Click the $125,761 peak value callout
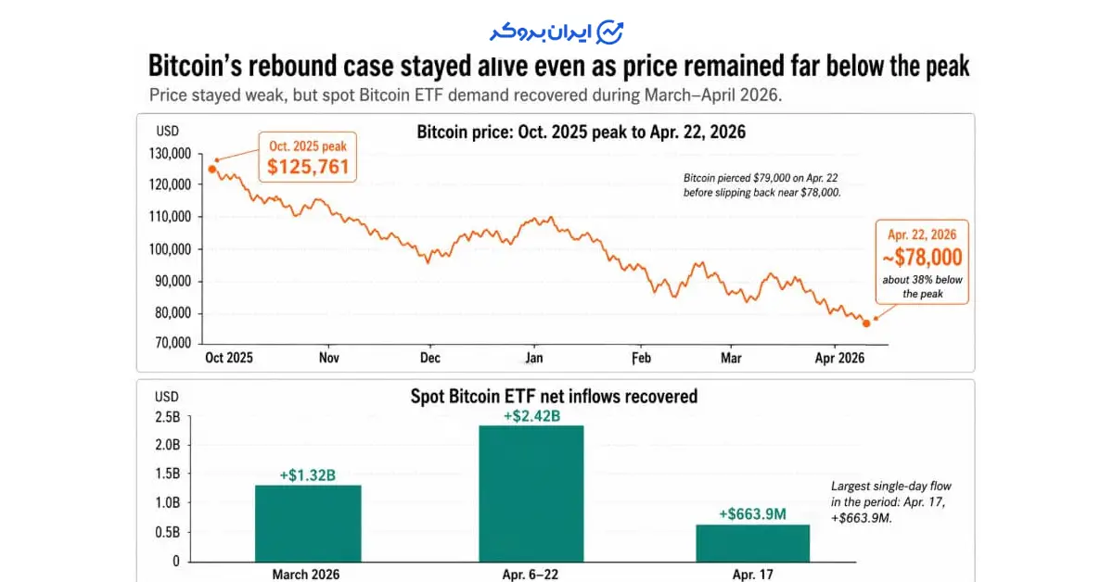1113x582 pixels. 308,167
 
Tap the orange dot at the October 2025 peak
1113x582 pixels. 212,169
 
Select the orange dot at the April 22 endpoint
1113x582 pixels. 866,323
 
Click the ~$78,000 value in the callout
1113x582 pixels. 923,257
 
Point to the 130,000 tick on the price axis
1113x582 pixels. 169,153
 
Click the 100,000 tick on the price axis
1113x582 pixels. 169,249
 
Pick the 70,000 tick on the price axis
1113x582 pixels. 172,344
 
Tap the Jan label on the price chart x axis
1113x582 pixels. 533,357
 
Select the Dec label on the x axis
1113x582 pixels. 429,357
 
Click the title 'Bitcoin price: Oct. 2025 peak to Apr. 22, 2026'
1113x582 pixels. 582,133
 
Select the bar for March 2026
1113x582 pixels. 308,524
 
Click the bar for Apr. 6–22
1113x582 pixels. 531,493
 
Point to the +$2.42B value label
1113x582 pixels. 531,416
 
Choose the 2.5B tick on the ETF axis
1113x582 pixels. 167,417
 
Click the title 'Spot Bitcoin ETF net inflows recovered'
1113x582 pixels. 554,397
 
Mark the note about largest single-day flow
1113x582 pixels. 891,502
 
